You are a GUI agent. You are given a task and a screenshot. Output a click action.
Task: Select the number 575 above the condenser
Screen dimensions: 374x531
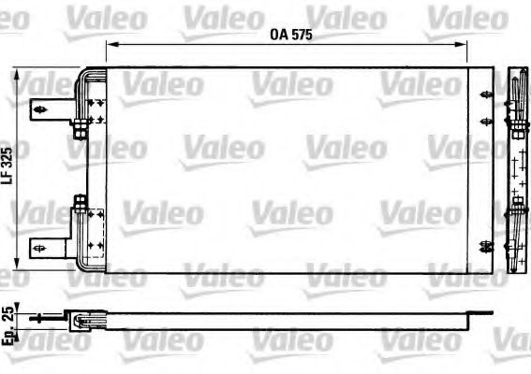coord(298,34)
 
